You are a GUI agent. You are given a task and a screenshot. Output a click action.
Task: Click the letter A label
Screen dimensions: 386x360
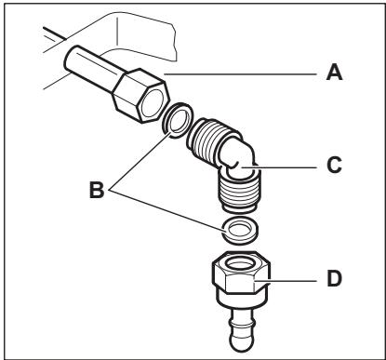[x=334, y=73]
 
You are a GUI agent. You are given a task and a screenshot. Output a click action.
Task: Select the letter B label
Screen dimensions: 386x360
[x=97, y=190]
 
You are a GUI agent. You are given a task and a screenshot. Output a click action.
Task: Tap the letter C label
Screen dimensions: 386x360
[x=334, y=165]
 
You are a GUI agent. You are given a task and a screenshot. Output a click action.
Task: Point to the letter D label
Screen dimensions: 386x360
[x=335, y=278]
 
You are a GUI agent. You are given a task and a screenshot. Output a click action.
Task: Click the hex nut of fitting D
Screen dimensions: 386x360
[x=242, y=273]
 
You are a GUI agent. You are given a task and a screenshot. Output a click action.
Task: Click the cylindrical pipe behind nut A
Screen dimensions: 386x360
[x=90, y=67]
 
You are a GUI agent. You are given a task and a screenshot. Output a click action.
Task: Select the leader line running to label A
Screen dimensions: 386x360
[x=240, y=74]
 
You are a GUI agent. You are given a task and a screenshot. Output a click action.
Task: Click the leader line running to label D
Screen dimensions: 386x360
[x=285, y=281]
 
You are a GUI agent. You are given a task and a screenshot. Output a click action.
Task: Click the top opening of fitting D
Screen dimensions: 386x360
[x=241, y=264]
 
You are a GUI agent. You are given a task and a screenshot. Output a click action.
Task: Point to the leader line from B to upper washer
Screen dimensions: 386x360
[x=140, y=160]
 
